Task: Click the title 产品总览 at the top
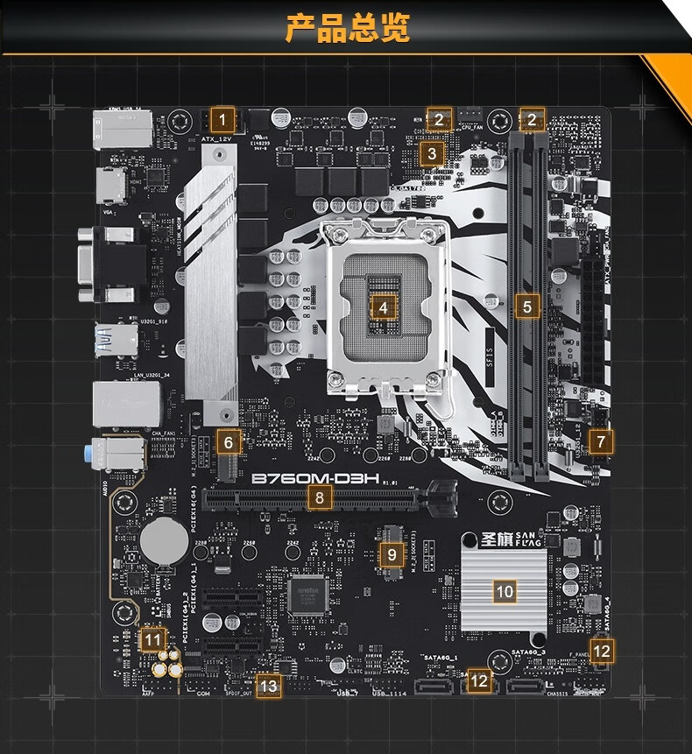(x=348, y=27)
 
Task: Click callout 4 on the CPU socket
(x=383, y=307)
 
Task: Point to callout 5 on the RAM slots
(x=526, y=307)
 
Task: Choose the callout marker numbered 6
(x=228, y=442)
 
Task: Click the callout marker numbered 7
(x=600, y=442)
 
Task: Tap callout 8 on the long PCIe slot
(x=321, y=498)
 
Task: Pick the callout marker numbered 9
(x=392, y=553)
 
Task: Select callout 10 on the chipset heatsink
(x=505, y=591)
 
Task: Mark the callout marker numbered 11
(x=152, y=640)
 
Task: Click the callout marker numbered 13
(x=268, y=687)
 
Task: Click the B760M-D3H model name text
(x=314, y=479)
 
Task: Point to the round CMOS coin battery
(x=164, y=539)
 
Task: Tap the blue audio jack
(x=93, y=455)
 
